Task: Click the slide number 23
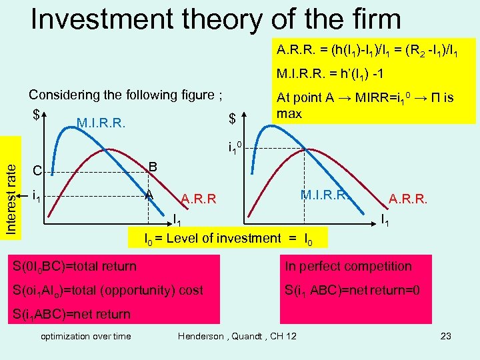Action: click(x=446, y=336)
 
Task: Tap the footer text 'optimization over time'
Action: click(x=86, y=336)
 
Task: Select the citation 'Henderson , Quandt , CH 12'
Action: click(x=237, y=336)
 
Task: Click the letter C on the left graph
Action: click(x=37, y=171)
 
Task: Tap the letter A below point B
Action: click(x=150, y=195)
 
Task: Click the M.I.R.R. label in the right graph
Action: click(x=324, y=195)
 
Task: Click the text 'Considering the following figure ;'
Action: click(x=125, y=95)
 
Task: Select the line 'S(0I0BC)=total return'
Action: click(x=74, y=267)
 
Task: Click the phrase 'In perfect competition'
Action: click(x=349, y=266)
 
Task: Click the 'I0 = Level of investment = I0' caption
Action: click(x=228, y=238)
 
